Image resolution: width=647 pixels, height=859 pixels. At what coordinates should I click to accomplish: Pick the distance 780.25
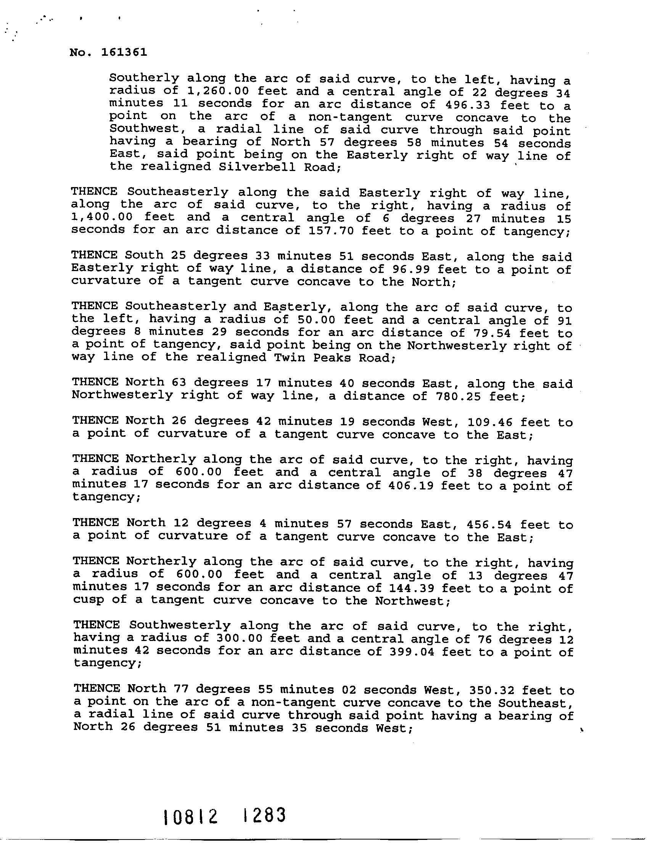[451, 397]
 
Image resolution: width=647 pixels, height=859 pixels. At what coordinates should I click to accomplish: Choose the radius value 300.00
[235, 639]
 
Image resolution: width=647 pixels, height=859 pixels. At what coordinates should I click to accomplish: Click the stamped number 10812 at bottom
[190, 817]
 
